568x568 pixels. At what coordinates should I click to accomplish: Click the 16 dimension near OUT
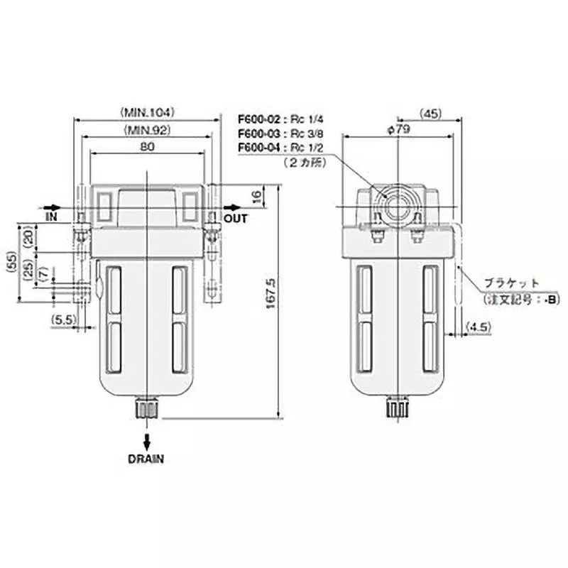click(257, 196)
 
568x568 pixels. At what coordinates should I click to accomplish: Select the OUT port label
click(236, 219)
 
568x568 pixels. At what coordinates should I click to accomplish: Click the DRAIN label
click(146, 459)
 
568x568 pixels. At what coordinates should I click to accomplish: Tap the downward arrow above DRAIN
click(146, 438)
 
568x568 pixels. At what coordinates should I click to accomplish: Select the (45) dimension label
click(431, 111)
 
